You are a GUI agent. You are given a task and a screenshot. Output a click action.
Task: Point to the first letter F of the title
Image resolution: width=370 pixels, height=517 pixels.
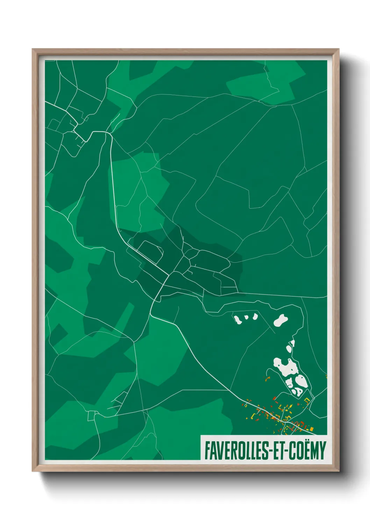207,451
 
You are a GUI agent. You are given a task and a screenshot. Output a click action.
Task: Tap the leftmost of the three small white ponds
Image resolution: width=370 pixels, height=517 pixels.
238,319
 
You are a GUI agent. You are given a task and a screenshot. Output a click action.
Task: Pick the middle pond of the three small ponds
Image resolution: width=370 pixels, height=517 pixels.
246,317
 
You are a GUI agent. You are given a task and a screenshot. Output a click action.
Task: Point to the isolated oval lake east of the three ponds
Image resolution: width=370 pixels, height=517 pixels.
280,320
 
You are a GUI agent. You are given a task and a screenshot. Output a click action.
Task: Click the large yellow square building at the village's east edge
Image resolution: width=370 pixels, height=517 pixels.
311,429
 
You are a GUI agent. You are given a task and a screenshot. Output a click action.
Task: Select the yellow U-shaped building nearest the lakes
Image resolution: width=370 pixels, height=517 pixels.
307,400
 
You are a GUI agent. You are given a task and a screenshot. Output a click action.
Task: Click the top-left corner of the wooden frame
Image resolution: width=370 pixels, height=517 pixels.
33,49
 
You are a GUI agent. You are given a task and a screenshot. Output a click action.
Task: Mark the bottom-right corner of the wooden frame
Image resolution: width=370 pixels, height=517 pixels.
339,471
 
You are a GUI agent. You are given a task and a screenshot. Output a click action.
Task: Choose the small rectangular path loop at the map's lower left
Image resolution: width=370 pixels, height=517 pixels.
92,416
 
